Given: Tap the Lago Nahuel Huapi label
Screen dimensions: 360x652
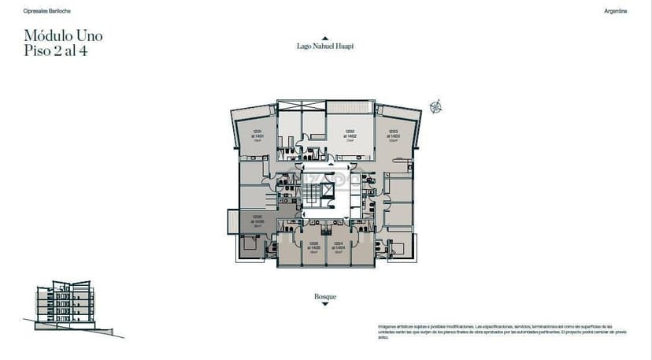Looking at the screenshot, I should tap(324, 46).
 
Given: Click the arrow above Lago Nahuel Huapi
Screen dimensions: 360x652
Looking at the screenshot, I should tap(324, 37).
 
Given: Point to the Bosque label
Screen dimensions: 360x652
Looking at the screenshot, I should tap(325, 296).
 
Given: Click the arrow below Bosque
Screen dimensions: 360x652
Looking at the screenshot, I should tap(325, 304).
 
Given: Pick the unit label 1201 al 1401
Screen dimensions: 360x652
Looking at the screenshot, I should tap(257, 135).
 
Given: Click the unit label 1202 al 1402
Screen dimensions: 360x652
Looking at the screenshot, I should tap(350, 134).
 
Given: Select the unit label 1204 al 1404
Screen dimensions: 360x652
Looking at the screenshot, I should tap(338, 246).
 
